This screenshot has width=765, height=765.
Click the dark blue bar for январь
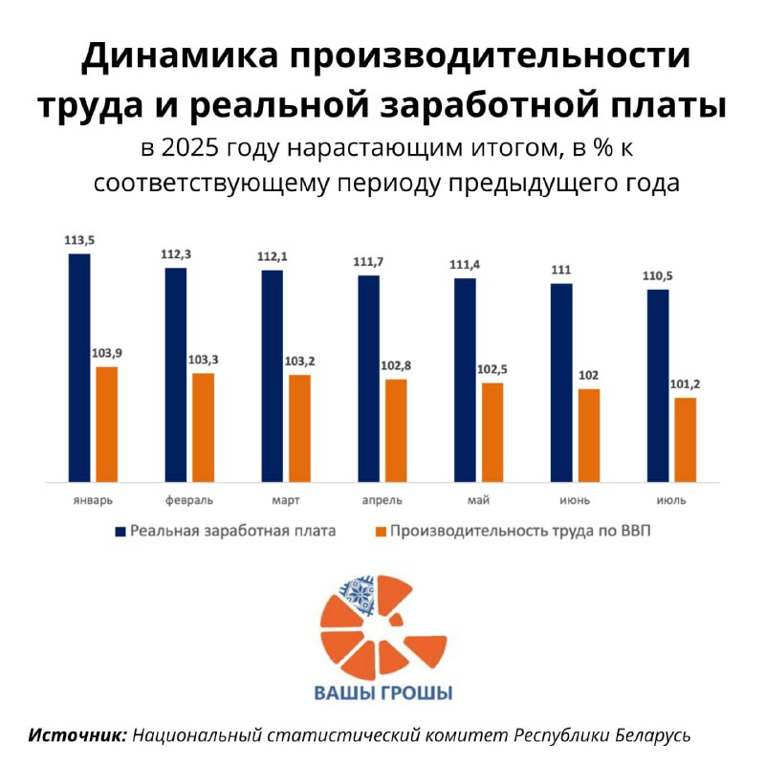[79, 367]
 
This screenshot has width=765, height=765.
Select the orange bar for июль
[686, 439]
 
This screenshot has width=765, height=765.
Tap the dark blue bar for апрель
[368, 378]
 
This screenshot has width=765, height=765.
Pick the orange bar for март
[299, 427]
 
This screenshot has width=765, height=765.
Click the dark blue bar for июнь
[561, 382]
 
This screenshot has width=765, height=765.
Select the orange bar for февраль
[203, 426]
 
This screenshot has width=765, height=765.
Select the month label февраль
[189, 500]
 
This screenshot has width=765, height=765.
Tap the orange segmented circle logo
[382, 625]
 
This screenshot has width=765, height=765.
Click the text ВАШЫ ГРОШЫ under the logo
[383, 693]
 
